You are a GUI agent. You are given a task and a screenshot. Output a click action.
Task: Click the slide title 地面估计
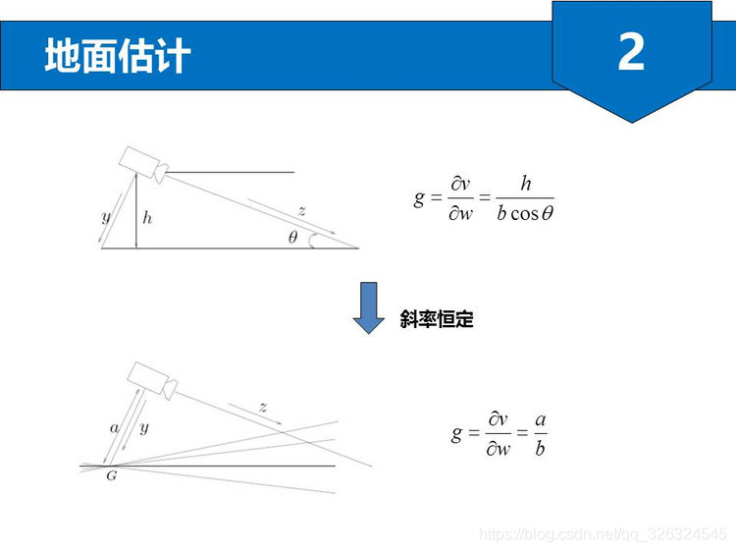pos(118,55)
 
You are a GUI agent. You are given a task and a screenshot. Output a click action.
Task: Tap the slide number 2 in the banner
pos(631,52)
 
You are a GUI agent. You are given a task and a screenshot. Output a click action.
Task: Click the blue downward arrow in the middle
pos(369,307)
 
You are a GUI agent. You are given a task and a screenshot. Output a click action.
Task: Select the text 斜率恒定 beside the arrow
pos(437,319)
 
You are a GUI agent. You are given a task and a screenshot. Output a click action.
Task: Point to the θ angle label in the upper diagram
pos(292,237)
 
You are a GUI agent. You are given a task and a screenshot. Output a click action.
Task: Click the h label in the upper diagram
pos(147,217)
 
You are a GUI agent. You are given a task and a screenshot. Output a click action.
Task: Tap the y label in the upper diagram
pos(107,217)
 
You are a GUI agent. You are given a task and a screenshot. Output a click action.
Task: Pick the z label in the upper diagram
pos(302,211)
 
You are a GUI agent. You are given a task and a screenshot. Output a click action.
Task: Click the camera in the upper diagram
pos(143,165)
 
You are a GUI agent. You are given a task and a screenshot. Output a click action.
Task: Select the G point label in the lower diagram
pos(112,475)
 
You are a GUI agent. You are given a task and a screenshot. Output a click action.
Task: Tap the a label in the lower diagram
pos(114,428)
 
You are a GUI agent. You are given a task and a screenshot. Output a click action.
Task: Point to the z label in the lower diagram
pos(263,407)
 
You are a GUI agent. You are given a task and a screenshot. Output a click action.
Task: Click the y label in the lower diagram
pos(144,427)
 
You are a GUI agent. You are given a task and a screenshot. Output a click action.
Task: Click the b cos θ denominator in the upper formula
pos(525,213)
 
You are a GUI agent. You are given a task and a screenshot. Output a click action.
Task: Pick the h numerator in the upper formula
pos(526,184)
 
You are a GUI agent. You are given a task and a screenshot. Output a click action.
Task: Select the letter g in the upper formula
pos(419,198)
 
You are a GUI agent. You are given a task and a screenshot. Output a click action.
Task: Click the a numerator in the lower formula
pos(541,419)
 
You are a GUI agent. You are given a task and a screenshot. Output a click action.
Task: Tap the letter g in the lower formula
pos(456,433)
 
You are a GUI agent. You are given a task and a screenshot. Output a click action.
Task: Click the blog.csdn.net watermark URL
pos(603,534)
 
